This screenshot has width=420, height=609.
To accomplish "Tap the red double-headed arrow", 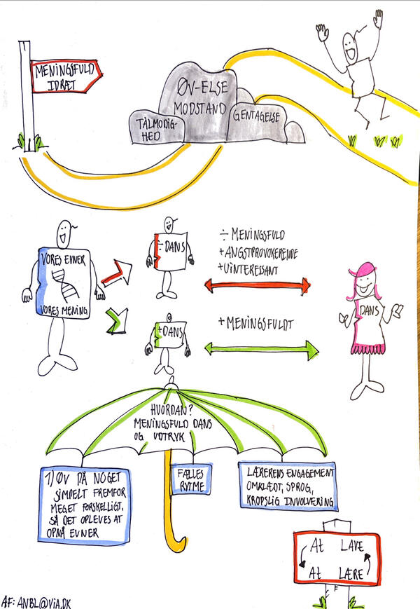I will coord(258,285).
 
